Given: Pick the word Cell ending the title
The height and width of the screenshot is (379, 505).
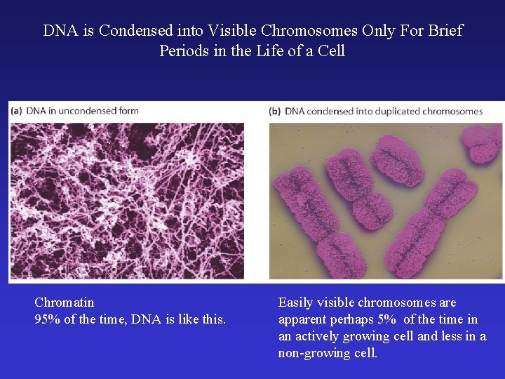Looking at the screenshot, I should [330, 51].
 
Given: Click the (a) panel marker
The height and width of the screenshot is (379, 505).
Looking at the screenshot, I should [16, 111].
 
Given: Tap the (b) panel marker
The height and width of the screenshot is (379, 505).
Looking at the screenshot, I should [276, 111].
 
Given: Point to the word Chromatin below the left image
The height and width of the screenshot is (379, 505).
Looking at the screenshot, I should [64, 302].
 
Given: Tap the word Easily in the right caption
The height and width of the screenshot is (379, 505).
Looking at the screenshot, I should [296, 302].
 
